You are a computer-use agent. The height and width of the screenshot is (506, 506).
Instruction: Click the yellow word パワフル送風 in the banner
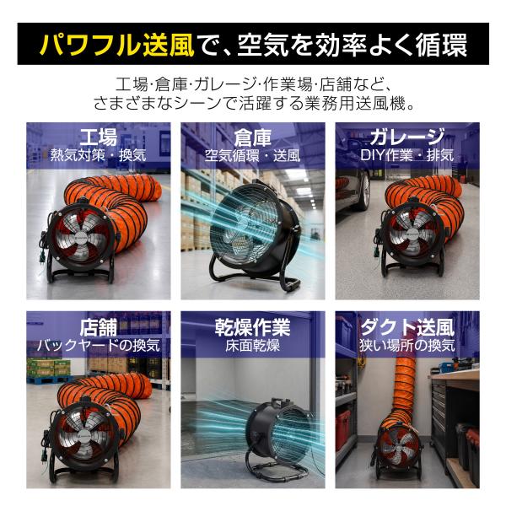pos(116,44)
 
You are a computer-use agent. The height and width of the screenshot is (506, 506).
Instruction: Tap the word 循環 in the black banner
pos(441,44)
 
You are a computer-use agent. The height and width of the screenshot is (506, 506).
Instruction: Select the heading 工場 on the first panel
pos(99,137)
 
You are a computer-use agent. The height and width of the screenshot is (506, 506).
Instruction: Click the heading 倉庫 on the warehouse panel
pos(253,137)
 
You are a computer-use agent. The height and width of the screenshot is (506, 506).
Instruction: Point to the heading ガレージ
pos(407,137)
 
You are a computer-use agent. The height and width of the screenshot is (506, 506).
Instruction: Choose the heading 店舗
pos(99,327)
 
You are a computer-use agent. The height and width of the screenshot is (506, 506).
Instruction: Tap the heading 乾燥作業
pos(253,327)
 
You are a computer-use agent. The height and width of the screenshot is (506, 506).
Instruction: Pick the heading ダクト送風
pos(407,327)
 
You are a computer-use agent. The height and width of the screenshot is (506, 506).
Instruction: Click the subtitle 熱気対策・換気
pos(99,155)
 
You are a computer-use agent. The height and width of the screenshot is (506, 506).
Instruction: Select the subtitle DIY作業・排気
pos(407,155)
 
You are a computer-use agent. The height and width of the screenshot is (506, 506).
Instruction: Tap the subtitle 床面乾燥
pos(253,346)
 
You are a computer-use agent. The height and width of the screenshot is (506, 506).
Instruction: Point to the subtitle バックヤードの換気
pos(99,346)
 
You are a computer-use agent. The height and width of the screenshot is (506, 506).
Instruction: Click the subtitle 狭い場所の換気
pos(407,346)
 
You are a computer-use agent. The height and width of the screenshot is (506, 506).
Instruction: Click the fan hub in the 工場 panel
pos(80,239)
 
